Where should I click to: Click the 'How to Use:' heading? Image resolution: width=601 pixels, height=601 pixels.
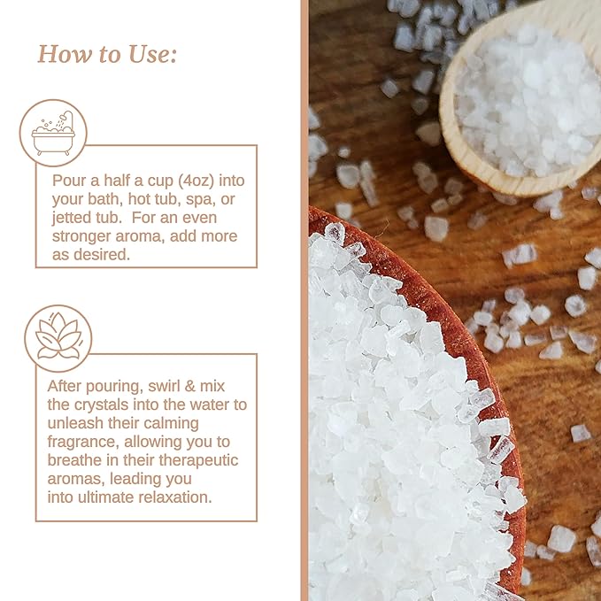(107, 54)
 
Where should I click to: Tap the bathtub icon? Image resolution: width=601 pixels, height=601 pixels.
(53, 133)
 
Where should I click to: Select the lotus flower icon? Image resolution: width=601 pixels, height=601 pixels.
(58, 338)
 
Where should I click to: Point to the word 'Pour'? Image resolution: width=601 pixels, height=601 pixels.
(69, 180)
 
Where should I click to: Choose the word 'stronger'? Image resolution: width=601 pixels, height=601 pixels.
(85, 235)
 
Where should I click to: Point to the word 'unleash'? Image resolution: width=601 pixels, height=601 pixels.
(76, 423)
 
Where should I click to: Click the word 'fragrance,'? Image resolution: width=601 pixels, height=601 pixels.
(86, 442)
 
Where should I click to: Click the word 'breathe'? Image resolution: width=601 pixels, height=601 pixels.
(78, 460)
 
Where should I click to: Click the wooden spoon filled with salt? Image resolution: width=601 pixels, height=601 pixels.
(522, 97)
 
